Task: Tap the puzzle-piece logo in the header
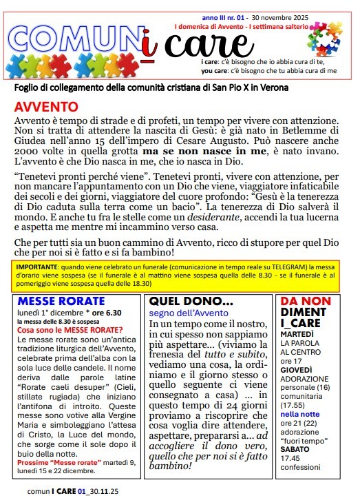coord(324,39)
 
